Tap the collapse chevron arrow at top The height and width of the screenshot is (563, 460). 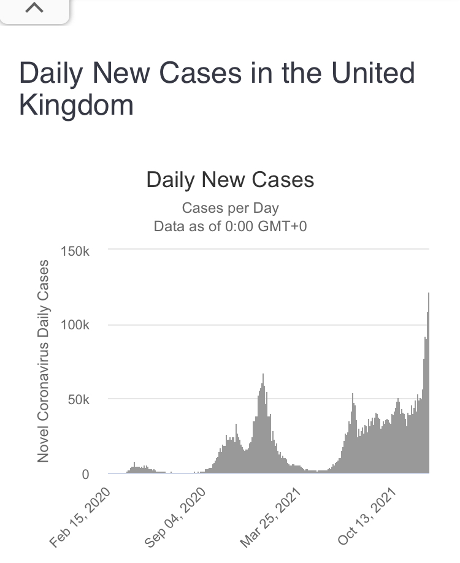pos(34,9)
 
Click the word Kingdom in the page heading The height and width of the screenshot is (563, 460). pos(76,105)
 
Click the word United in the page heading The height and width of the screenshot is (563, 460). pos(373,74)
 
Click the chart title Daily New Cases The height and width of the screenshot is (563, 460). pos(230,180)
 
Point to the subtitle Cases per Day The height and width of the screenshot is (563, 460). pos(230,208)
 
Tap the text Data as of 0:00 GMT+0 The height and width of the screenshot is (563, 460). pos(230,226)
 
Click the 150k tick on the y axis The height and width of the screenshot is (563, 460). pos(75,250)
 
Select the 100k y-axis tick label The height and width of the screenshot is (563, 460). pos(75,325)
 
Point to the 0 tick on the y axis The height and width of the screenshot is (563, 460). pos(85,474)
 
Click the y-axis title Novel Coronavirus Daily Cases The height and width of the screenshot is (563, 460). pos(43,361)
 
